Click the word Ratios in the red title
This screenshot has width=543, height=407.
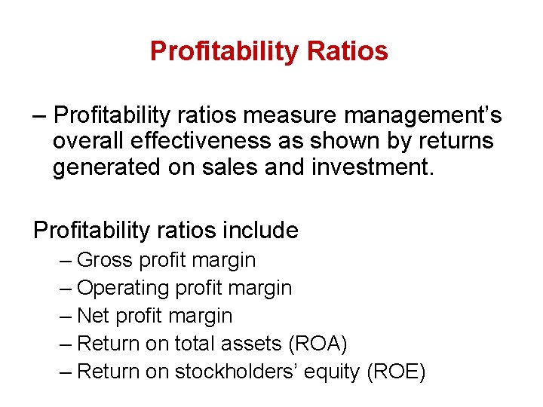[348, 51]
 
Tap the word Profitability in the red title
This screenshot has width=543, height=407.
[225, 51]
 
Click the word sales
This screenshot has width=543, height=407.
[224, 167]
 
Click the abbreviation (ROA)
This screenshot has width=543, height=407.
[318, 344]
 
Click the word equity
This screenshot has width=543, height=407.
[331, 372]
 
